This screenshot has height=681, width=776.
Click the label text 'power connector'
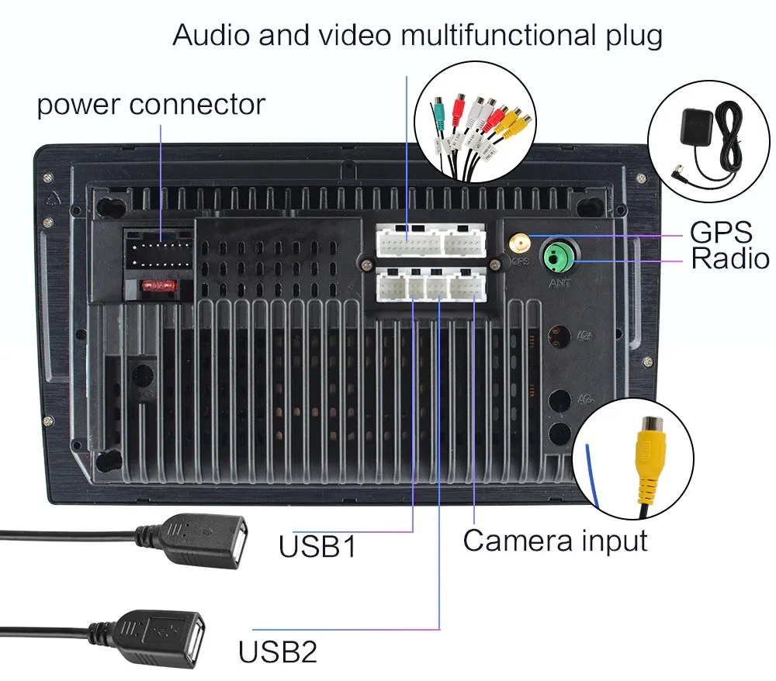(151, 105)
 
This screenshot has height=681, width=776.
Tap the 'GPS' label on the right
(720, 232)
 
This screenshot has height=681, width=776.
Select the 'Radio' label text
(730, 259)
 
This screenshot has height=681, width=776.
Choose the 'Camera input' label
(555, 540)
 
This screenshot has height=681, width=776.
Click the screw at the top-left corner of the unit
(49, 177)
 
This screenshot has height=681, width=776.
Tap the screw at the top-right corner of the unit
(640, 177)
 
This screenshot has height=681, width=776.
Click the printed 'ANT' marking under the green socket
(559, 284)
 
